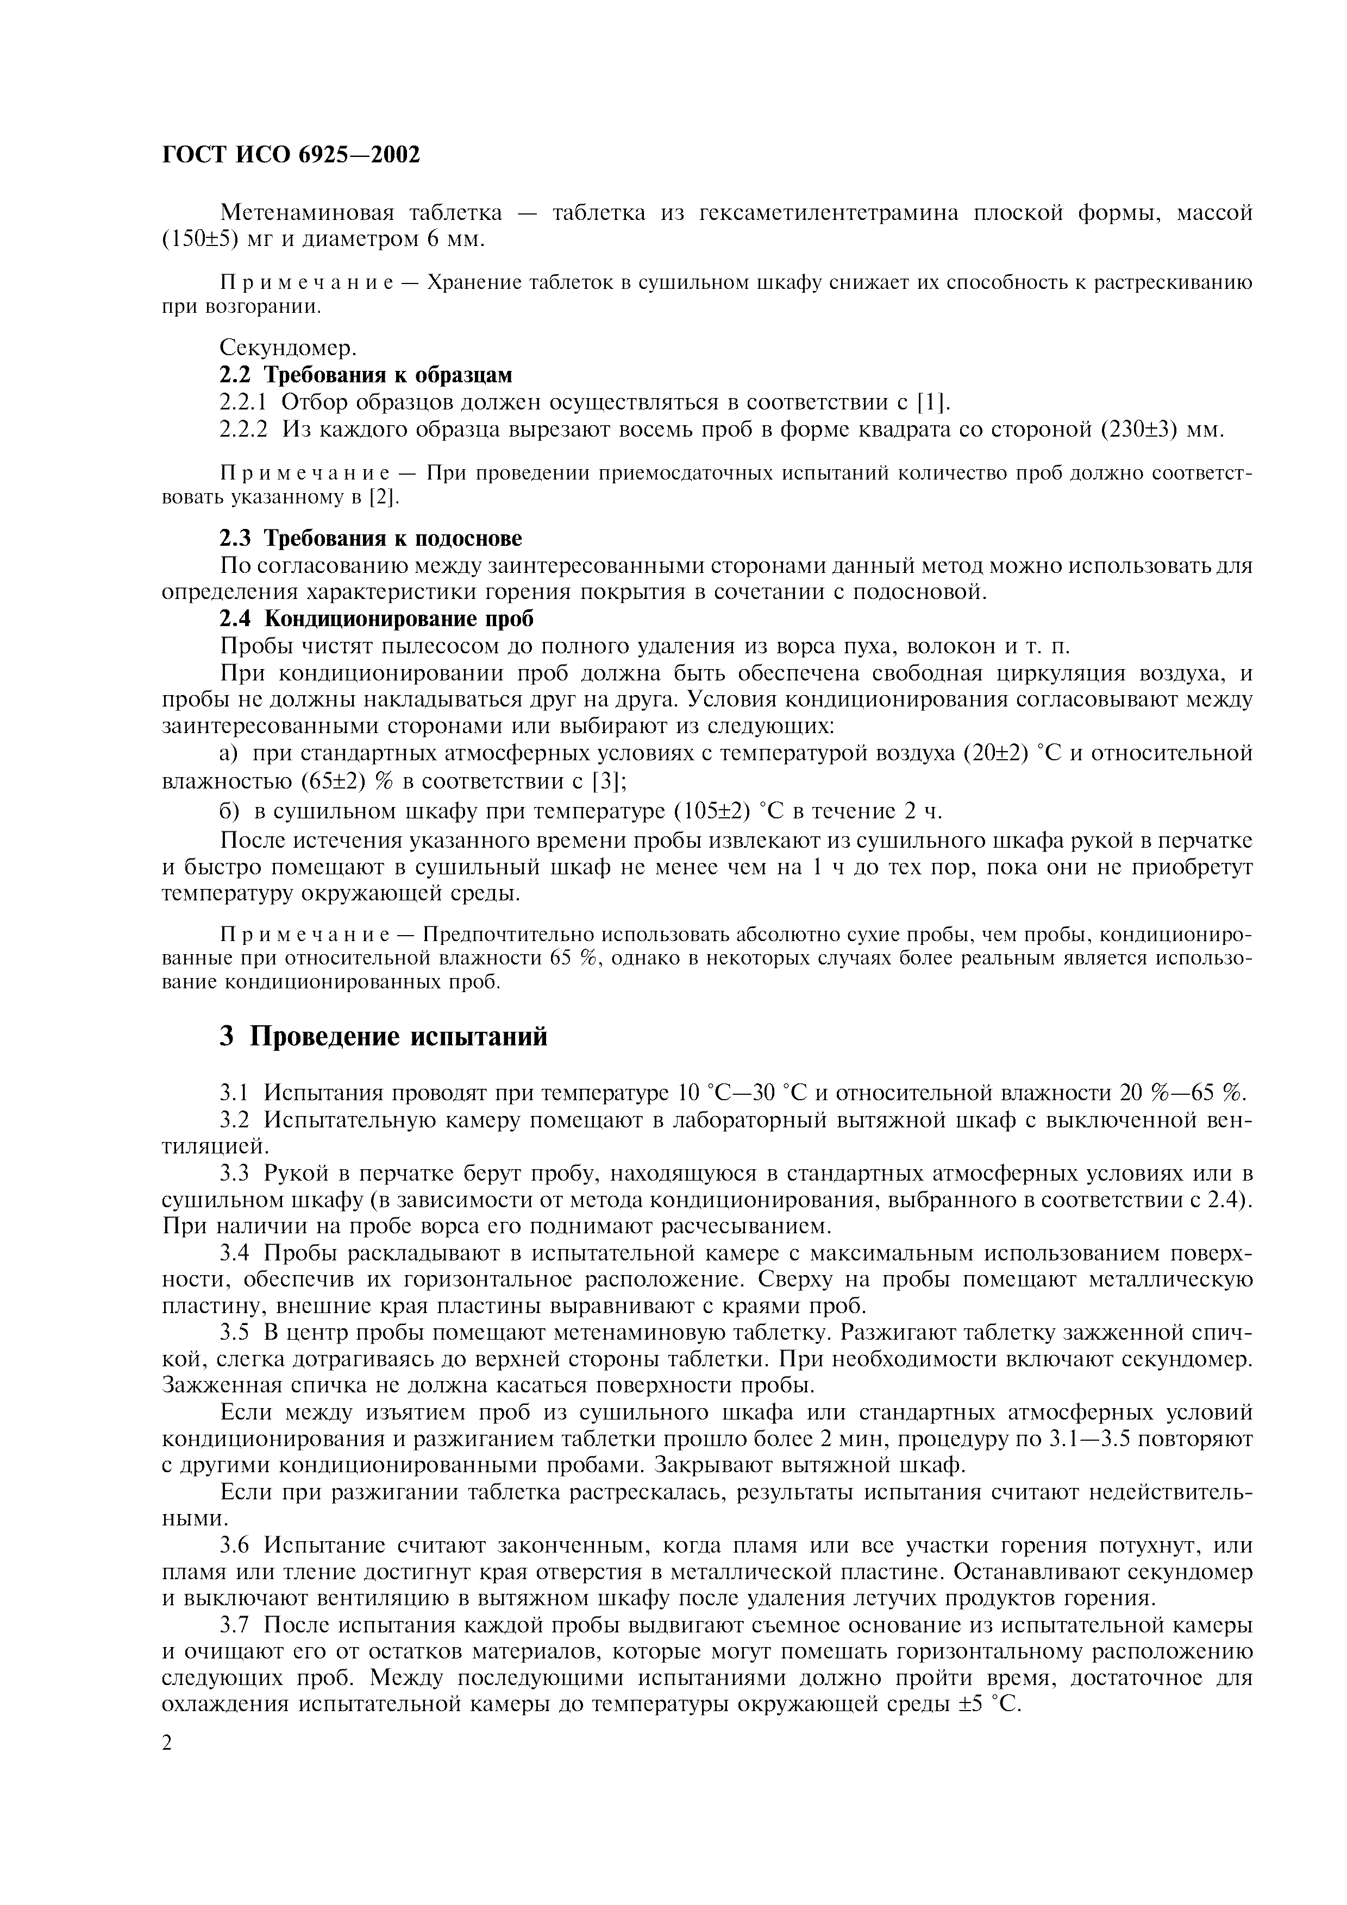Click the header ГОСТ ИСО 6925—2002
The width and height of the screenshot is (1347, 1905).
tap(291, 155)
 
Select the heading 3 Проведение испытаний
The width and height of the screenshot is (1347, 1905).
tap(384, 1037)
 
